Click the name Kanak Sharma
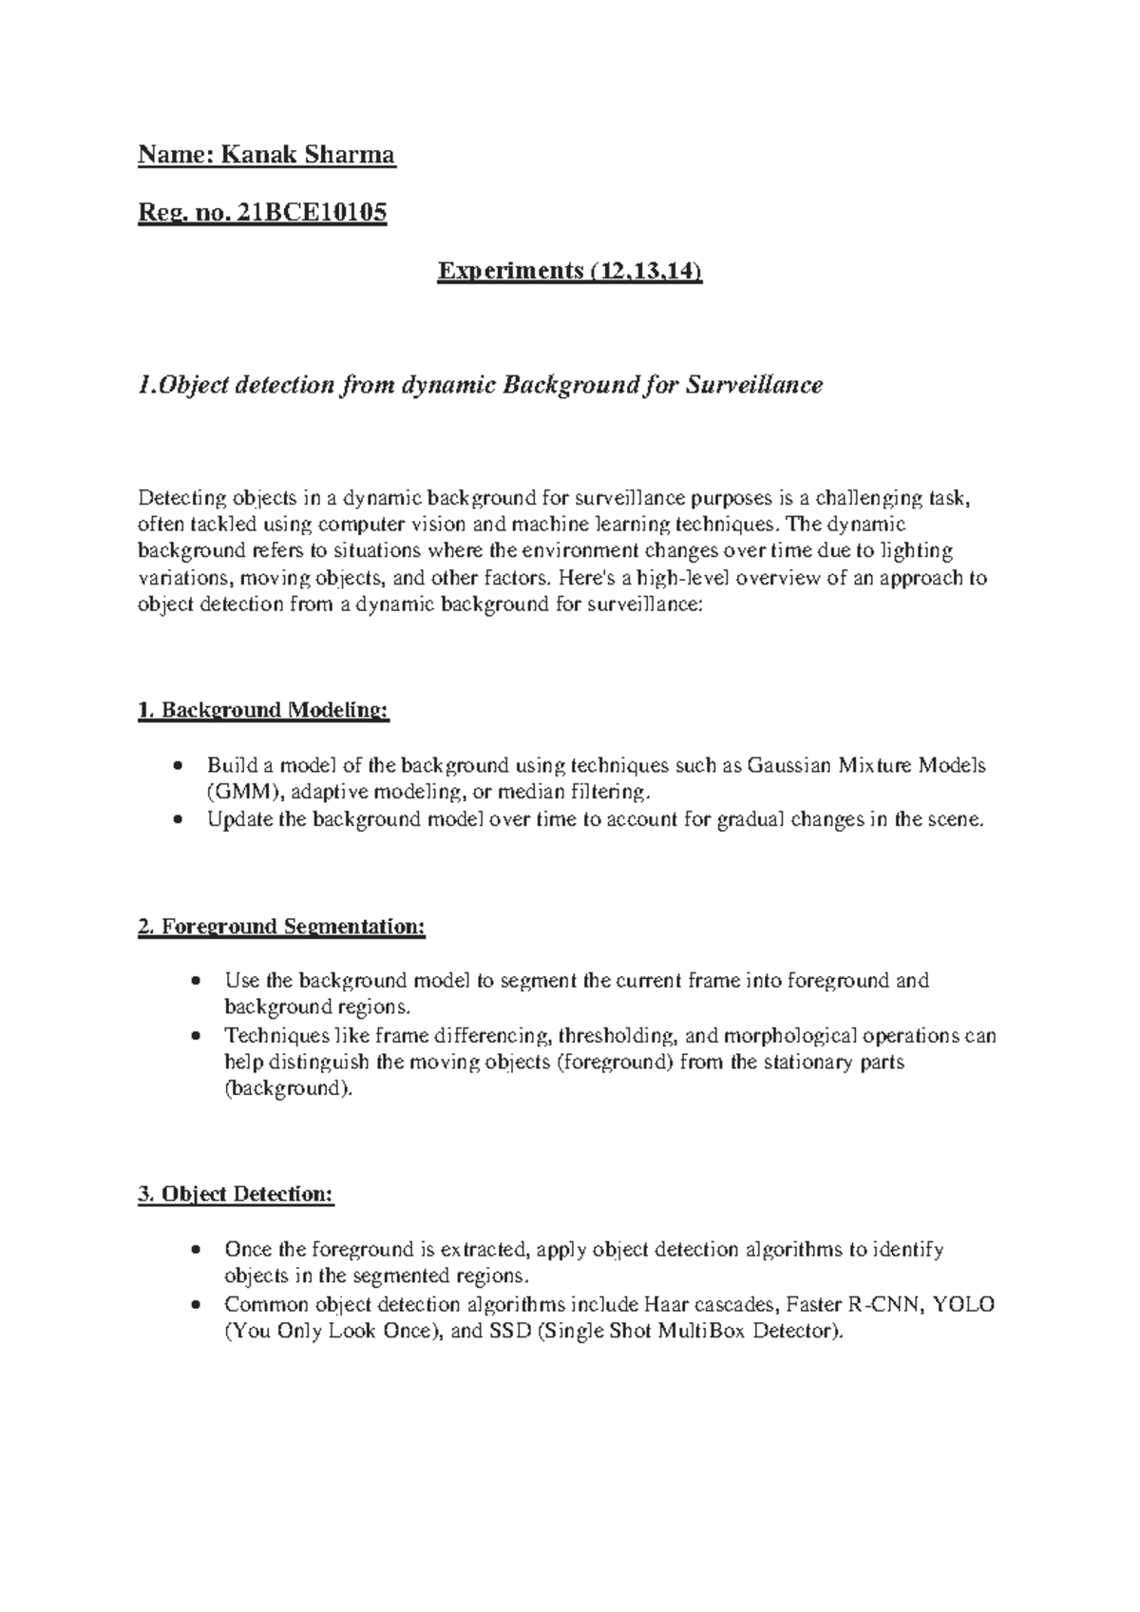(x=308, y=154)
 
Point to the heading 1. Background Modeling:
(x=263, y=710)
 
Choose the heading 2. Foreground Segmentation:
(x=281, y=926)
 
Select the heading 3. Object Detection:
(x=236, y=1195)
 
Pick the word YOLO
(x=964, y=1304)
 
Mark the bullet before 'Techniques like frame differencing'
(x=195, y=1036)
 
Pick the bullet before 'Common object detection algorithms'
(x=195, y=1305)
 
